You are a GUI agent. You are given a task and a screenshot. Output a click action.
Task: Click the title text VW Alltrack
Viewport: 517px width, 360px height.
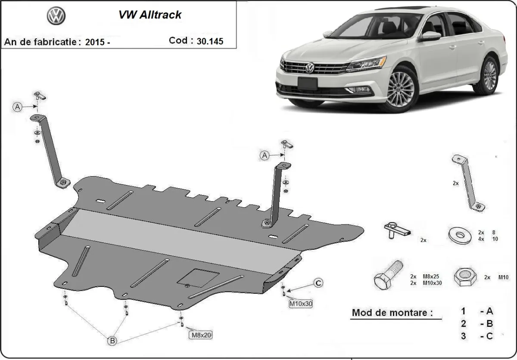click(x=150, y=15)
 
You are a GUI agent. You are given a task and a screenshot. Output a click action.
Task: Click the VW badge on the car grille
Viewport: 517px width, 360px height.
click(x=310, y=68)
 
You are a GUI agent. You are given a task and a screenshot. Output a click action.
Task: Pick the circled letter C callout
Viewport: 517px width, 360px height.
click(x=318, y=283)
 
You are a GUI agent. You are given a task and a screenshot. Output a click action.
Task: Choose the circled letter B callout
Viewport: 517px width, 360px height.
click(x=112, y=341)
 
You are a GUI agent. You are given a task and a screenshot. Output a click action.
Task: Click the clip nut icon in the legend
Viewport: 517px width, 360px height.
click(x=396, y=230)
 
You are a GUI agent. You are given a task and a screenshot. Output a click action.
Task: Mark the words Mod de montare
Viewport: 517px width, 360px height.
click(x=392, y=313)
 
